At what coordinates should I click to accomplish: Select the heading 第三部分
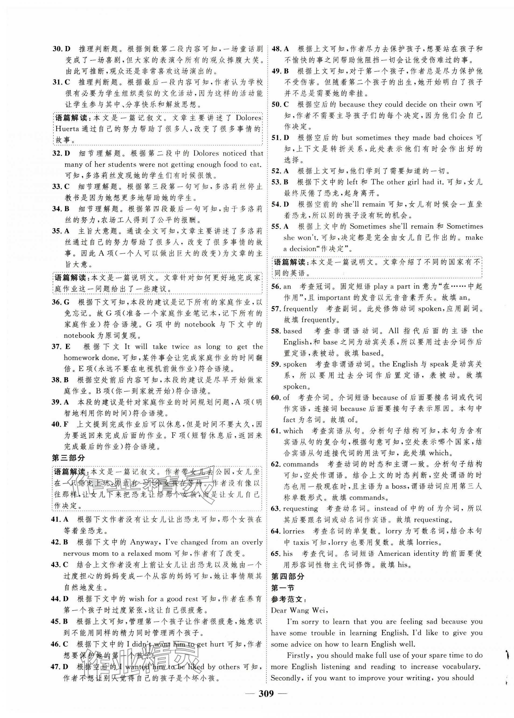68,458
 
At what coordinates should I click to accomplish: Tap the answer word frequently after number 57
300,308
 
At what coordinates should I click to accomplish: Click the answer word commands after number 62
301,464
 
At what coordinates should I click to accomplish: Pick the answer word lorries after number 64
293,531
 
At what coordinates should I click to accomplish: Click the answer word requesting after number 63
300,508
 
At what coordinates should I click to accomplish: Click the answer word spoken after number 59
295,364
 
